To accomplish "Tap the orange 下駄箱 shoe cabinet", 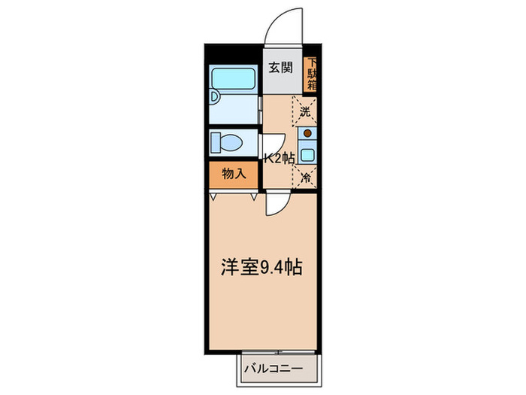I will (310, 74).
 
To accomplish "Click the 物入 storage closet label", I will (234, 173).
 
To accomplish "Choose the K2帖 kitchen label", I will (278, 158).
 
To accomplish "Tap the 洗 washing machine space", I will (305, 111).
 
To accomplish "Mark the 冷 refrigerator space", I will (305, 178).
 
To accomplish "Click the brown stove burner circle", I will (307, 135).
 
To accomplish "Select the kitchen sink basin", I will (307, 153).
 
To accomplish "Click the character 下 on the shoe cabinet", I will (311, 63).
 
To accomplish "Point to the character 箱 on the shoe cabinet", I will (311, 84).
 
